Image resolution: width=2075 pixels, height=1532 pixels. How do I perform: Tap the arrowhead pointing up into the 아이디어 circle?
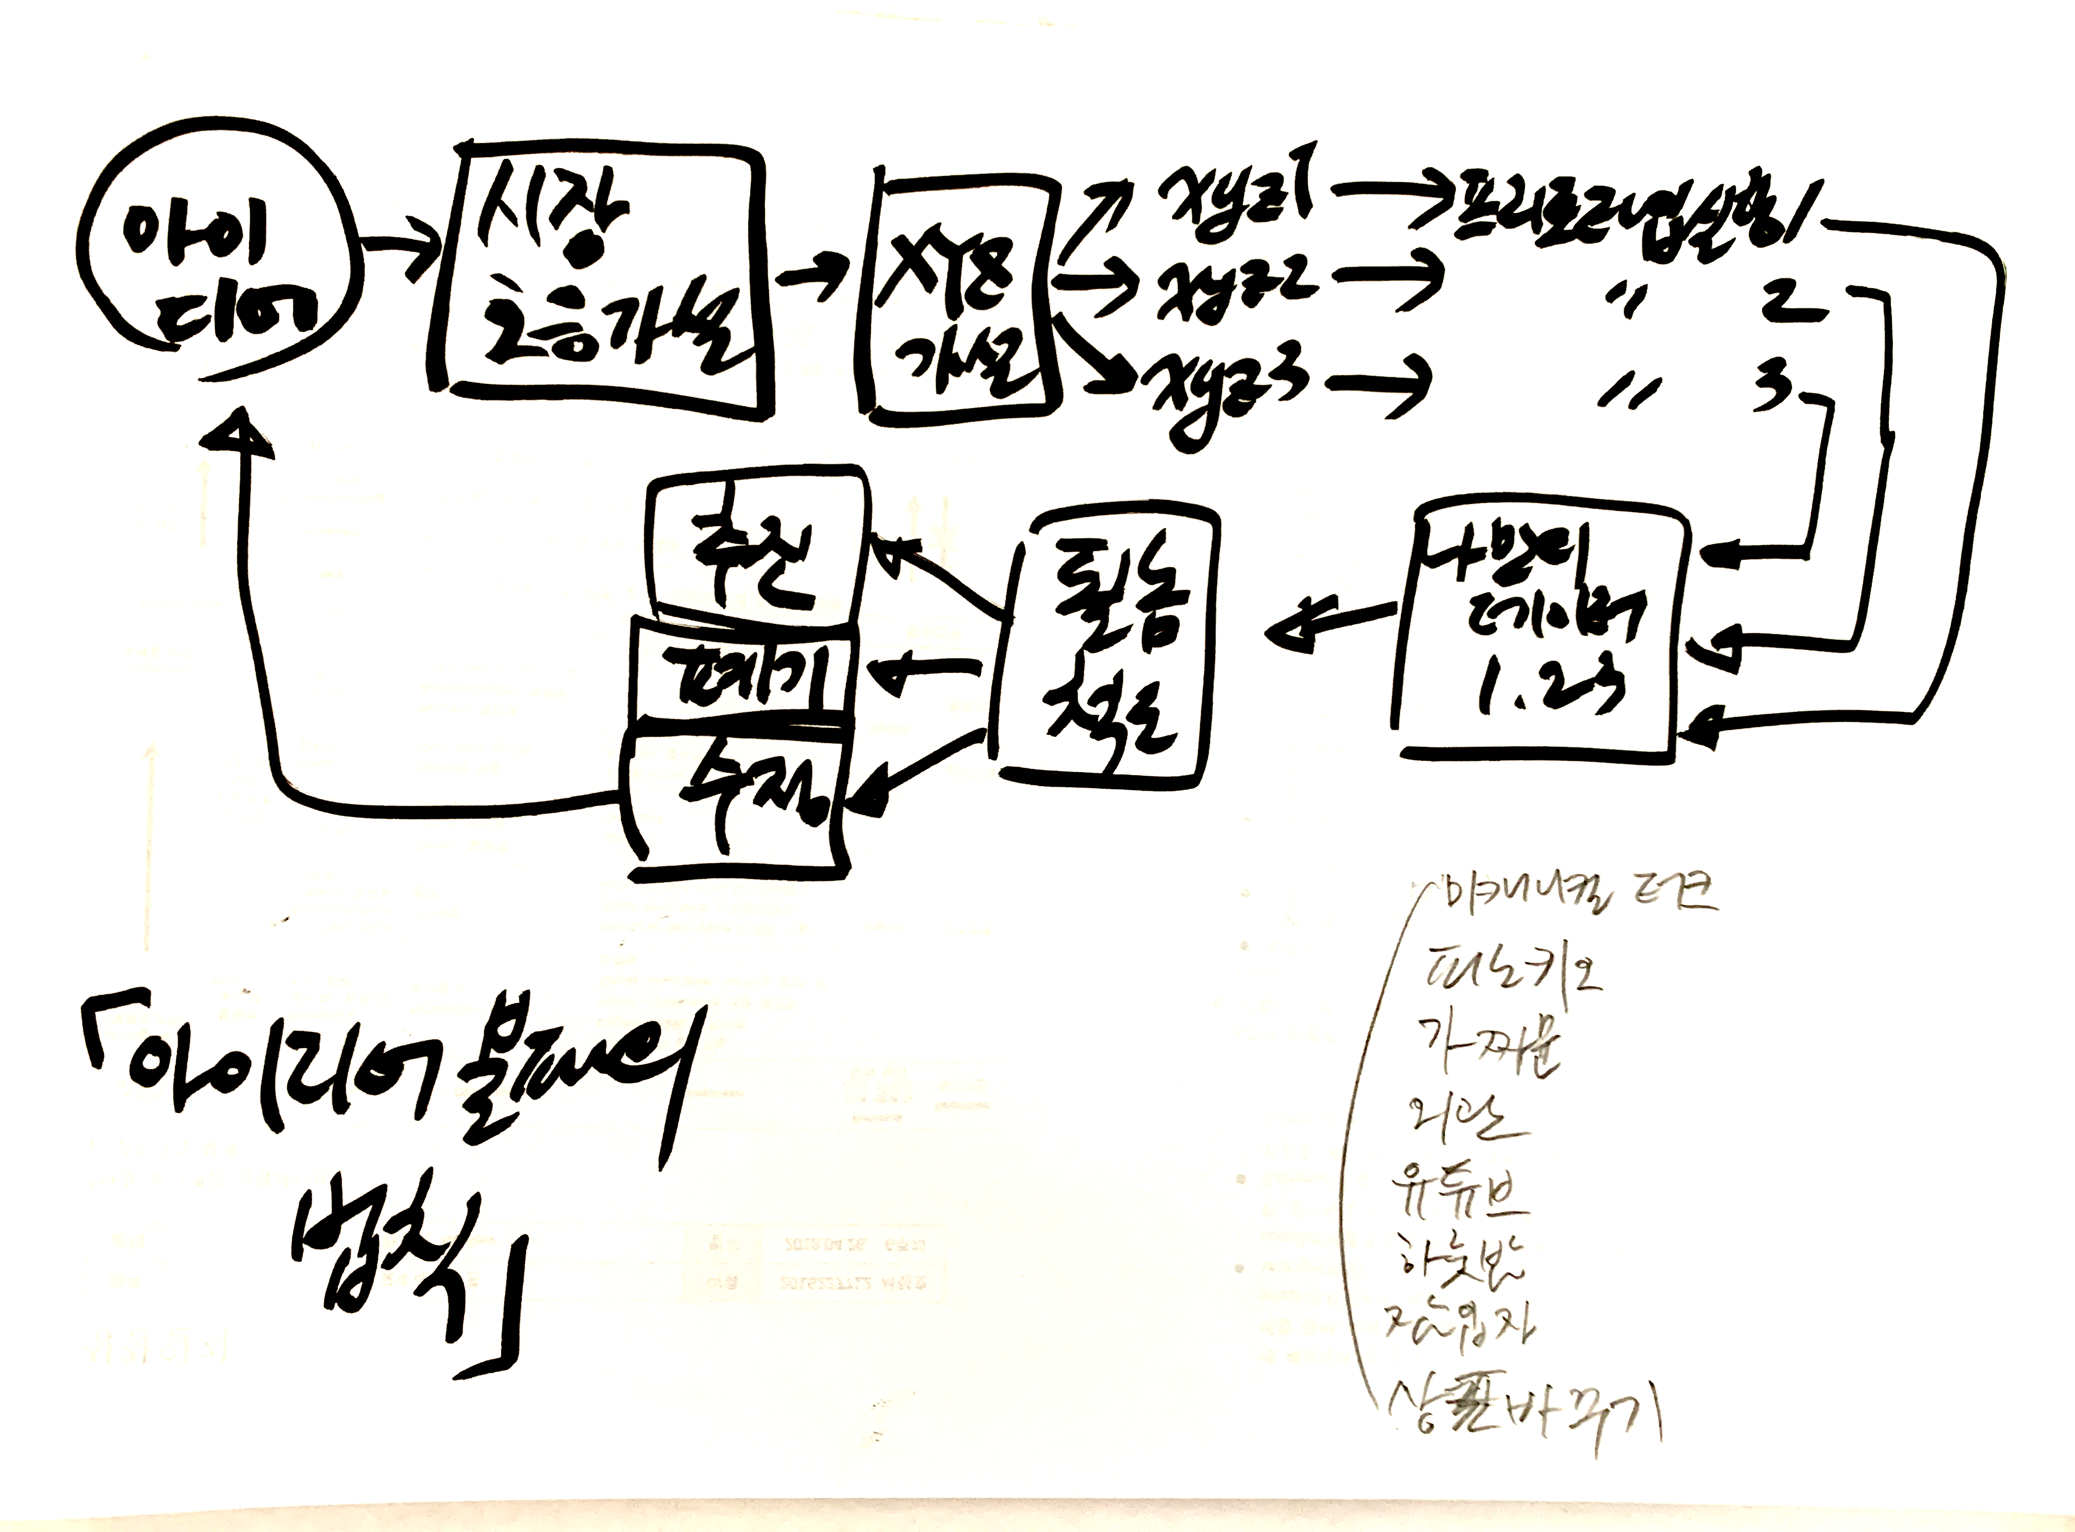click(x=243, y=436)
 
